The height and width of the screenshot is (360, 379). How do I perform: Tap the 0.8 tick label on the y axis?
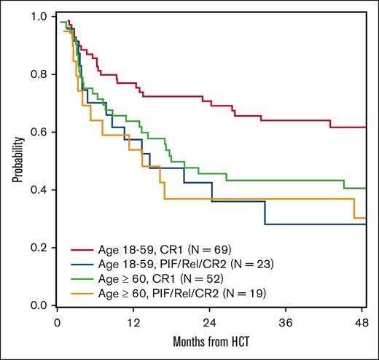click(x=43, y=74)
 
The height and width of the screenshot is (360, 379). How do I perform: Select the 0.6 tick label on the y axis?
click(x=43, y=132)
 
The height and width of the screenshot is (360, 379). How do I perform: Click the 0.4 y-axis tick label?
click(x=43, y=190)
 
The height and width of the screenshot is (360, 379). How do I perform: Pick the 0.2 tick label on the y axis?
click(x=43, y=248)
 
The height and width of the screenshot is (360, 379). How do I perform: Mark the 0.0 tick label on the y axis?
click(x=43, y=305)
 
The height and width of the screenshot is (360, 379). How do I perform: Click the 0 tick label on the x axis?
click(x=57, y=322)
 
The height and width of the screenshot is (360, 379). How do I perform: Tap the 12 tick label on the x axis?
click(x=133, y=322)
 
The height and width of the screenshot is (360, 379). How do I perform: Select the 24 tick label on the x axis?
click(x=211, y=322)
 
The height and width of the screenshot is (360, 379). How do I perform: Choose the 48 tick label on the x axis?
click(x=364, y=322)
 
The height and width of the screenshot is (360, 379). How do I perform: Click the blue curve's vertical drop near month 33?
click(x=265, y=213)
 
